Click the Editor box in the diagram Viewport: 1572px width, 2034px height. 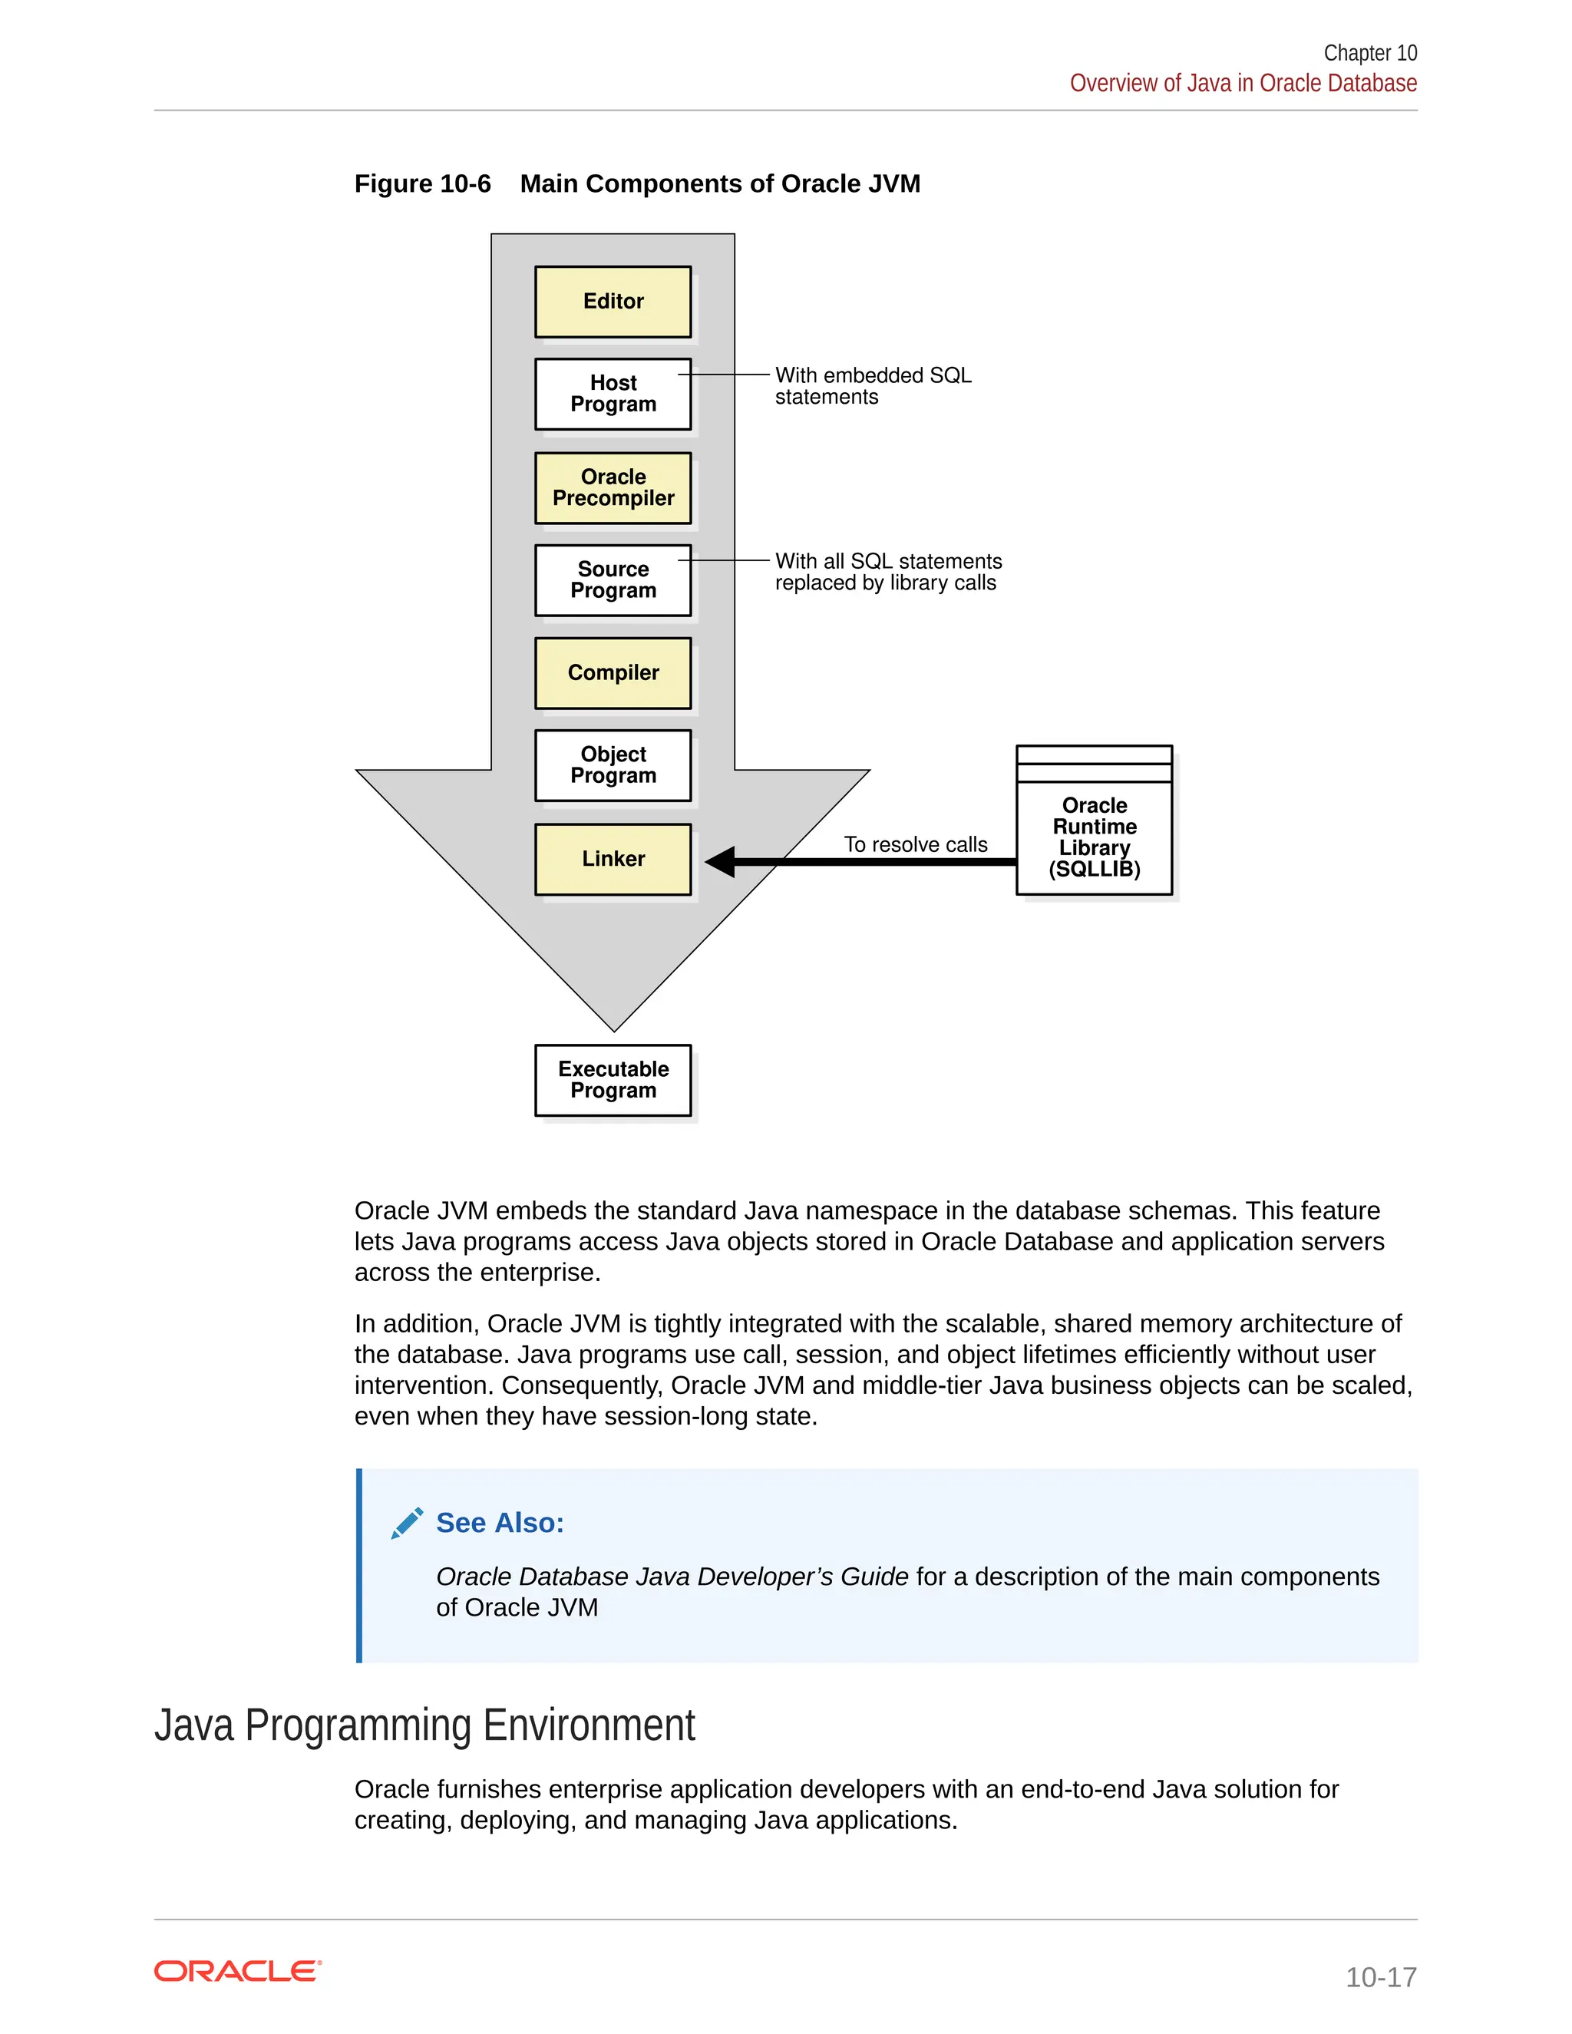click(613, 302)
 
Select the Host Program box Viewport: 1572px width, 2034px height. click(613, 394)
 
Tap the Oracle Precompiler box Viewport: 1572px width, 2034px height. click(613, 488)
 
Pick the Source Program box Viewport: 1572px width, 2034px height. click(613, 580)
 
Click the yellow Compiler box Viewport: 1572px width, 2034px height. click(613, 673)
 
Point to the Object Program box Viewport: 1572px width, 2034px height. click(613, 765)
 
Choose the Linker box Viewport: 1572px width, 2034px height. click(613, 860)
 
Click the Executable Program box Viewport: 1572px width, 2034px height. click(613, 1081)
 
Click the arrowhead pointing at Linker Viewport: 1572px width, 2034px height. click(721, 861)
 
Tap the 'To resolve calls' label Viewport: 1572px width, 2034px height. click(916, 845)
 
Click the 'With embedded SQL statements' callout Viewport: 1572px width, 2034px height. click(873, 385)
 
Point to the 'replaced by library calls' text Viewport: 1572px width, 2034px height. click(886, 583)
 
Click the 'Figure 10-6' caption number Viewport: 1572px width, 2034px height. click(422, 183)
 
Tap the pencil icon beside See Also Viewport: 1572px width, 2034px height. click(407, 1524)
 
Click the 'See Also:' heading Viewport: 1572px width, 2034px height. click(500, 1523)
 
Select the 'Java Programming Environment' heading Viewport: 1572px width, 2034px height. click(424, 1725)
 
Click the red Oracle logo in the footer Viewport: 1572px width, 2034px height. click(237, 1972)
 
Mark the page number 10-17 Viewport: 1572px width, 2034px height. click(1380, 1976)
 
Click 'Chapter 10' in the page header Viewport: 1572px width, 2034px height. click(1370, 53)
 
